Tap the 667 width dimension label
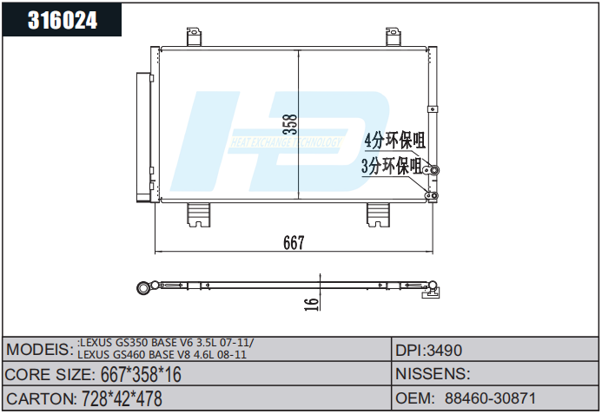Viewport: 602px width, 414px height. coord(294,244)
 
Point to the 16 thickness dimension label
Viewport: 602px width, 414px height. coord(311,302)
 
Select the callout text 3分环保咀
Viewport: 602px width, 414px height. coord(392,166)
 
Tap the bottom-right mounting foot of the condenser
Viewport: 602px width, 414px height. coord(379,214)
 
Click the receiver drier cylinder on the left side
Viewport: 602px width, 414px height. coord(142,135)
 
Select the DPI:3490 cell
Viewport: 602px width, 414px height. coord(429,351)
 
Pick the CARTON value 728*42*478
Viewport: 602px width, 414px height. coord(121,399)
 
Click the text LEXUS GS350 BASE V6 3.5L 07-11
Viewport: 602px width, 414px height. coord(165,344)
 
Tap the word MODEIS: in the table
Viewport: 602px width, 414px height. coord(39,350)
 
